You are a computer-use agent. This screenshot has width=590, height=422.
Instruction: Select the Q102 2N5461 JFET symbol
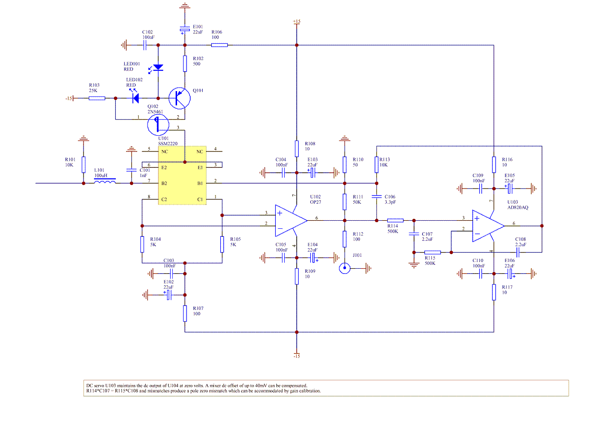click(157, 124)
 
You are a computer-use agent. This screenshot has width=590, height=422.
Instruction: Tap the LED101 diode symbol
click(158, 68)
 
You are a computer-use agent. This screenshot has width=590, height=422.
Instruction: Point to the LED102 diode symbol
click(135, 98)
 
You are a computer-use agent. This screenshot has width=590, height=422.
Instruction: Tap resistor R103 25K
click(97, 98)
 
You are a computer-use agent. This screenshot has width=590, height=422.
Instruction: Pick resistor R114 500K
click(395, 220)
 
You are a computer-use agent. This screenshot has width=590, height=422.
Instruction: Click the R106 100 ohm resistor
click(219, 45)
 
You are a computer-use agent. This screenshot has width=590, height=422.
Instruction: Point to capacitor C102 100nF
click(146, 45)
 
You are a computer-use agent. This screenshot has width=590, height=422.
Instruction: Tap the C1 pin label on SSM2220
click(200, 198)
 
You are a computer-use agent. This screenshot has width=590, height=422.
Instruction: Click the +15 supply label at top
click(297, 22)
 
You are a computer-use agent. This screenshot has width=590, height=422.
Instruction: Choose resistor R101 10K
click(84, 165)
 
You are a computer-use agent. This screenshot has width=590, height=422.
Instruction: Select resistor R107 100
click(185, 313)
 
